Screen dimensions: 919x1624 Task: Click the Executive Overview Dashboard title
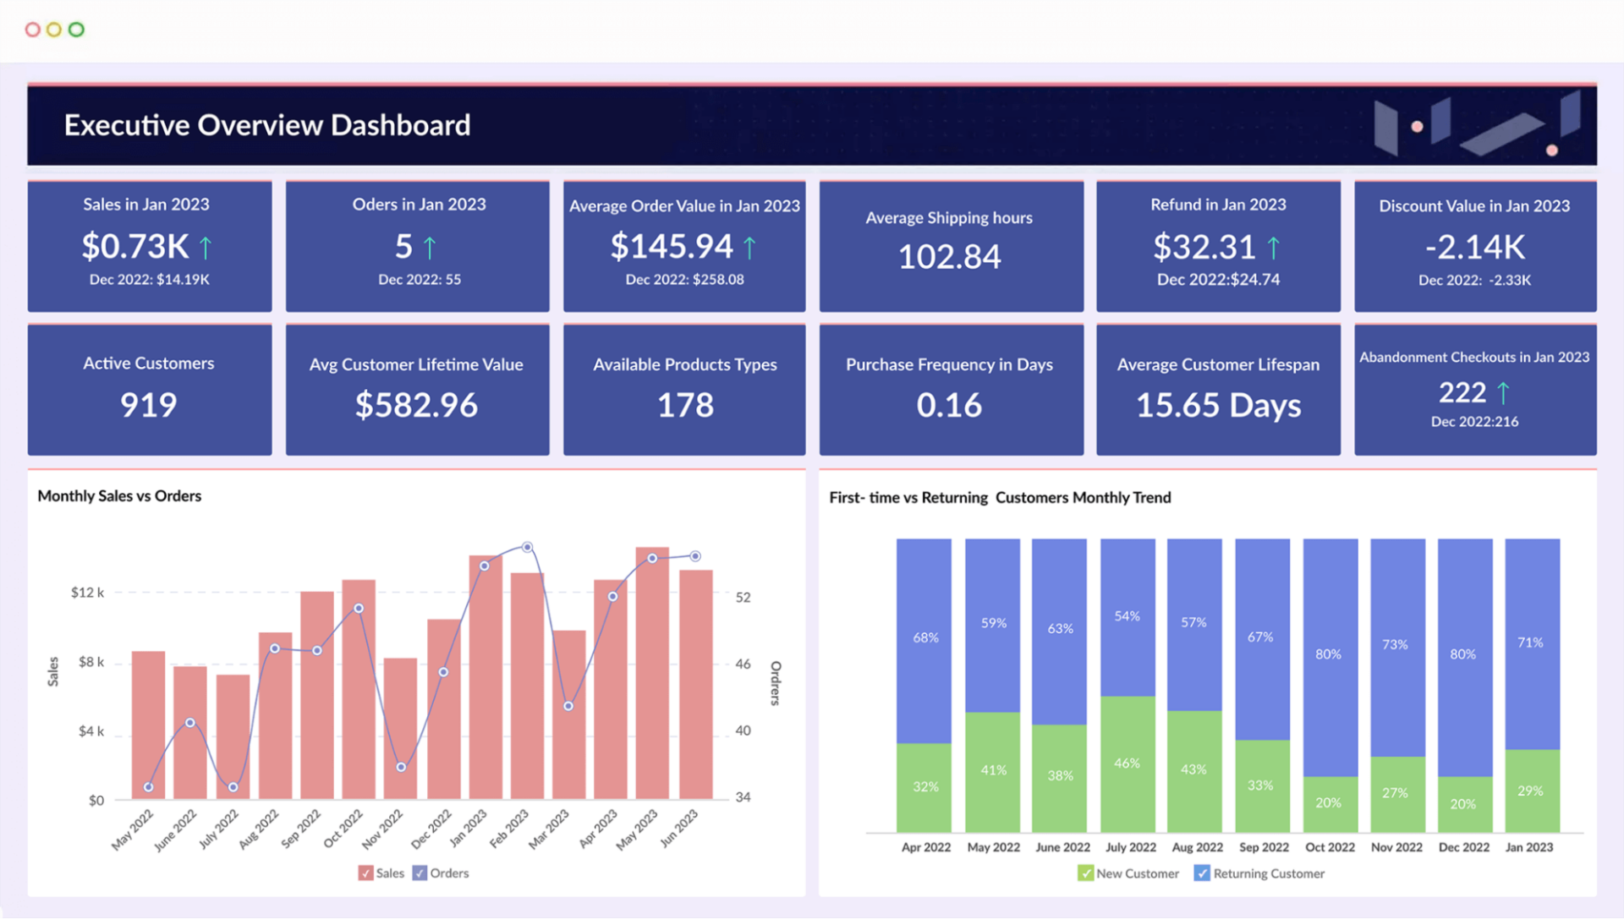pyautogui.click(x=267, y=125)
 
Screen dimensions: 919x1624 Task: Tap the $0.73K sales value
pyautogui.click(x=135, y=247)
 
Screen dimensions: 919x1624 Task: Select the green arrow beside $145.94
pyautogui.click(x=749, y=247)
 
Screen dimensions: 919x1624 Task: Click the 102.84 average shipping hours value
pyautogui.click(x=949, y=257)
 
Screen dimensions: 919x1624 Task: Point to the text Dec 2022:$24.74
pyautogui.click(x=1218, y=280)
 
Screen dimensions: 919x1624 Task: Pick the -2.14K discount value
pyautogui.click(x=1474, y=248)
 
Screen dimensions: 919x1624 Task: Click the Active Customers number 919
pyautogui.click(x=149, y=405)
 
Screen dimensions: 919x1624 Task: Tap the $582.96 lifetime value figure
pyautogui.click(x=416, y=405)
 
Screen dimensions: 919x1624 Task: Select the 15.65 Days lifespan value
pyautogui.click(x=1218, y=406)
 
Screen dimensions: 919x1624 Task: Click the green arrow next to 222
pyautogui.click(x=1503, y=392)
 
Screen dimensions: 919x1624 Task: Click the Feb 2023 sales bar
pyautogui.click(x=527, y=685)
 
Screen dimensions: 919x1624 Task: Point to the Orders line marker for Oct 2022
pyautogui.click(x=359, y=609)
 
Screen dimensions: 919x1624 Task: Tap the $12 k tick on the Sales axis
pyautogui.click(x=88, y=593)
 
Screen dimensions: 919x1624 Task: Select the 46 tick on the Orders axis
pyautogui.click(x=743, y=665)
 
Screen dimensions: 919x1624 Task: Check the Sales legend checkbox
pyautogui.click(x=365, y=873)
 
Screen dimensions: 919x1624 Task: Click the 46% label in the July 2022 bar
pyautogui.click(x=1127, y=763)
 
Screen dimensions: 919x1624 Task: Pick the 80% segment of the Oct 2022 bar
pyautogui.click(x=1329, y=655)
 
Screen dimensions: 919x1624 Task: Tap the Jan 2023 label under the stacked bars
pyautogui.click(x=1528, y=847)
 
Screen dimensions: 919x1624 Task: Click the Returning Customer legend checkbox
pyautogui.click(x=1201, y=873)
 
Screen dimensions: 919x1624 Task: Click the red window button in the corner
pyautogui.click(x=33, y=30)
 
